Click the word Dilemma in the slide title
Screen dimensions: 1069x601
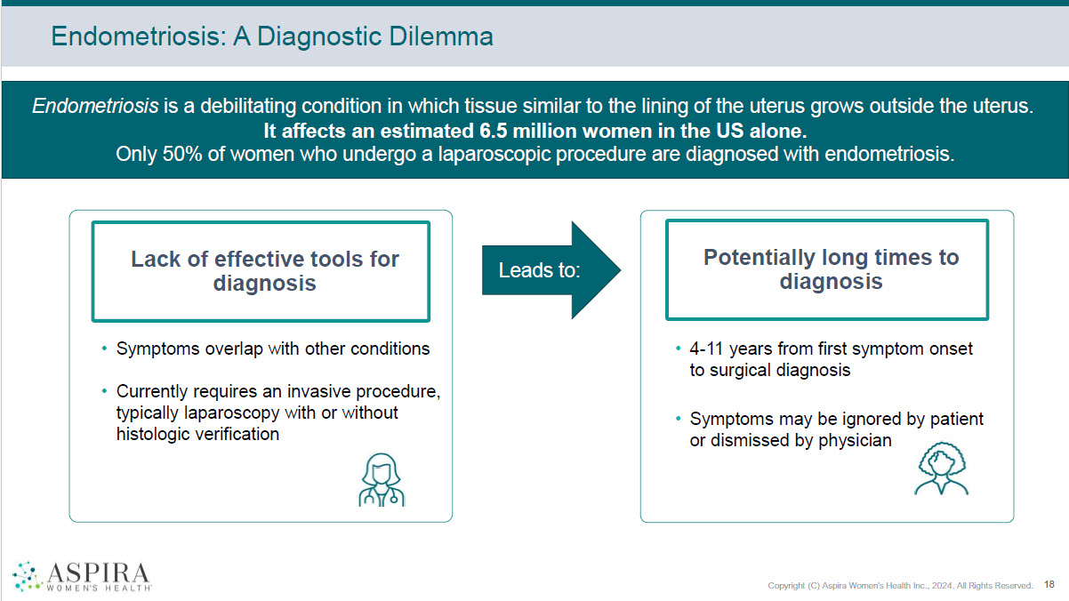441,36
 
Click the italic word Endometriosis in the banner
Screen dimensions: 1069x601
95,106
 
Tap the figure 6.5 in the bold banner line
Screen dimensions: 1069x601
493,131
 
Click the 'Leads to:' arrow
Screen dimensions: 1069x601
551,270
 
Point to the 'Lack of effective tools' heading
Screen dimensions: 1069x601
265,271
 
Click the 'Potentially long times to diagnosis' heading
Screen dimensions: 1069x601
831,269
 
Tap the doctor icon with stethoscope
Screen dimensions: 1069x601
382,480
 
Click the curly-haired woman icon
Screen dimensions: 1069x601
941,469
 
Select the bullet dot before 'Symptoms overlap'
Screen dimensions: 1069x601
105,349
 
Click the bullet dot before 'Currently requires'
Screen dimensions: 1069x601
105,391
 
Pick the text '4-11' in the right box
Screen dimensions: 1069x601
706,349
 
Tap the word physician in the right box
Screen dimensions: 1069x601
855,440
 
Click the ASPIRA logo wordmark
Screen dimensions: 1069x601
99,577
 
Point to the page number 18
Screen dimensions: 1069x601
1049,584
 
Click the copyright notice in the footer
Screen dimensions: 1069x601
900,585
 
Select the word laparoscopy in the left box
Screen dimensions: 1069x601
232,413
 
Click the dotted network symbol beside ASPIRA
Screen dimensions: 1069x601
28,576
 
